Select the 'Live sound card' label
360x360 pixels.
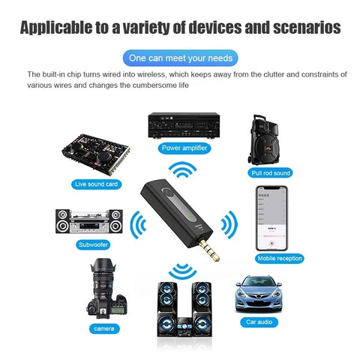click(97, 184)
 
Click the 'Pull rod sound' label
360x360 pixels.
click(271, 172)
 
